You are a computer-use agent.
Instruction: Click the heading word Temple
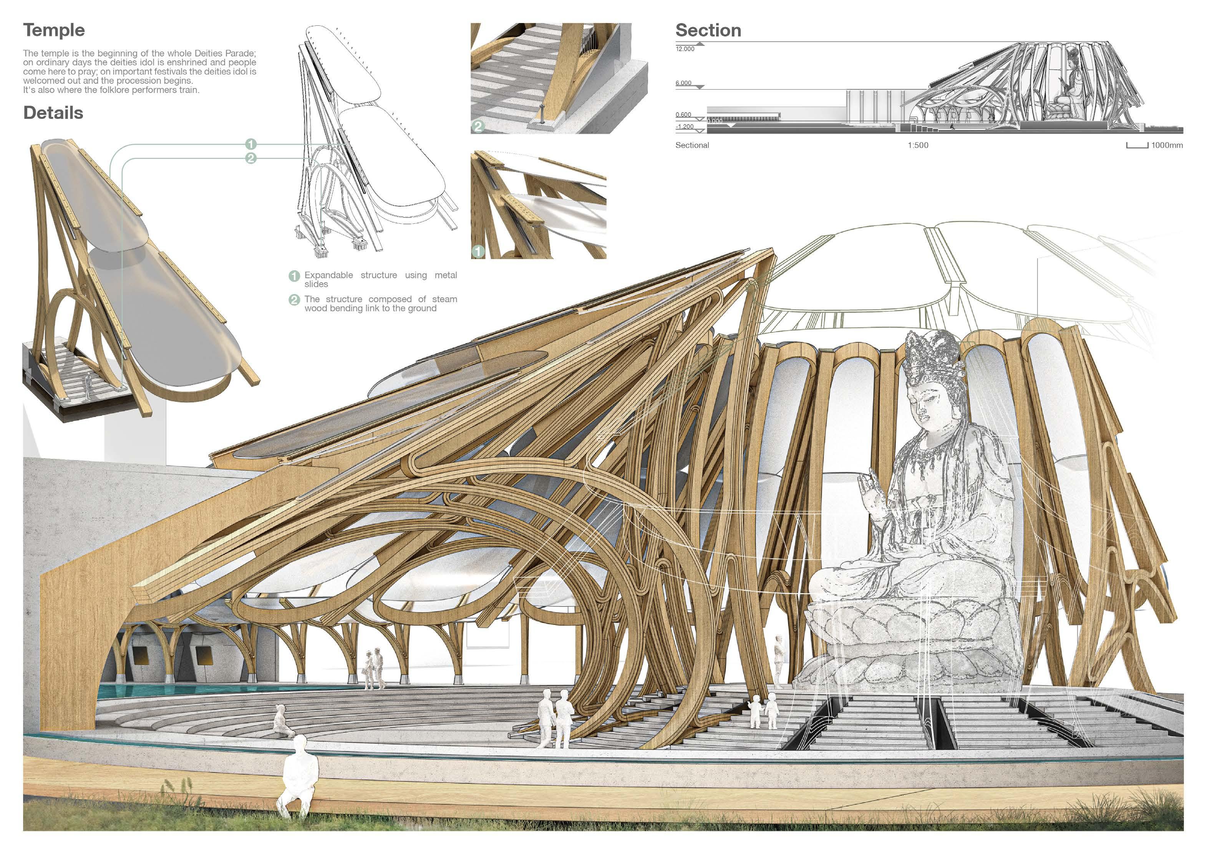tap(54, 30)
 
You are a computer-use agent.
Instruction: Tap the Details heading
tap(53, 113)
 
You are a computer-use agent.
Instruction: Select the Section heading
tap(708, 30)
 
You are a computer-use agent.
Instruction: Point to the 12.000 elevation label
tap(685, 49)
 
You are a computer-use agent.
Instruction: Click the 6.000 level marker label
tap(683, 83)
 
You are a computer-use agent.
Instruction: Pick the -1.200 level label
tap(685, 127)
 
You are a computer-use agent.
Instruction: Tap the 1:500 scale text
tap(917, 145)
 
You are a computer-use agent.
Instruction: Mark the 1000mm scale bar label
tap(1167, 145)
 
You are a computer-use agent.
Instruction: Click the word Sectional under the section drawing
tap(692, 145)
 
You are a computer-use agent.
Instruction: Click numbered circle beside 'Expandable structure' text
tap(294, 276)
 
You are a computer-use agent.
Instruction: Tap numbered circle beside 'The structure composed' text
tap(294, 300)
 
